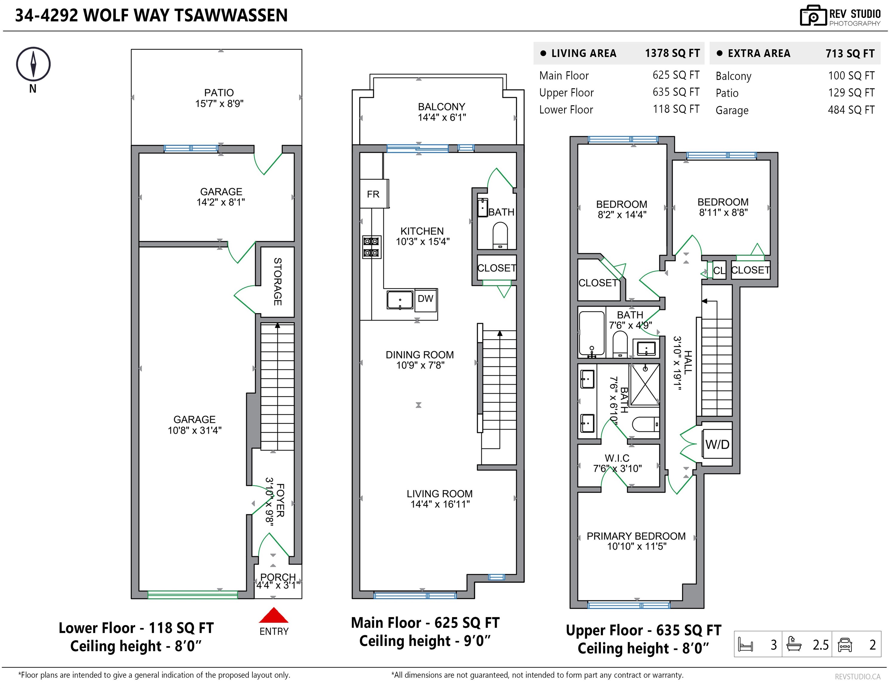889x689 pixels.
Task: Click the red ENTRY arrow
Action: [x=274, y=615]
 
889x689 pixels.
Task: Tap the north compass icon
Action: [x=33, y=64]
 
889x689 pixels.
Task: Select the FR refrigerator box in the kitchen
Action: [x=374, y=194]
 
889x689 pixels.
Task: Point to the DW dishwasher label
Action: [x=425, y=299]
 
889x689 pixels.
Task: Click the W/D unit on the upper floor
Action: [x=717, y=444]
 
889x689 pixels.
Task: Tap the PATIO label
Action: [x=219, y=92]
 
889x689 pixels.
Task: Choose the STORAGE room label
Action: [x=278, y=281]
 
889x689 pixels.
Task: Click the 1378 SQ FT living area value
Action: [x=672, y=53]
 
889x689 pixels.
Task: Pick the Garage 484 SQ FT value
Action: [x=851, y=110]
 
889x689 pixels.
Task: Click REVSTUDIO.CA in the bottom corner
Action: [x=858, y=677]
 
